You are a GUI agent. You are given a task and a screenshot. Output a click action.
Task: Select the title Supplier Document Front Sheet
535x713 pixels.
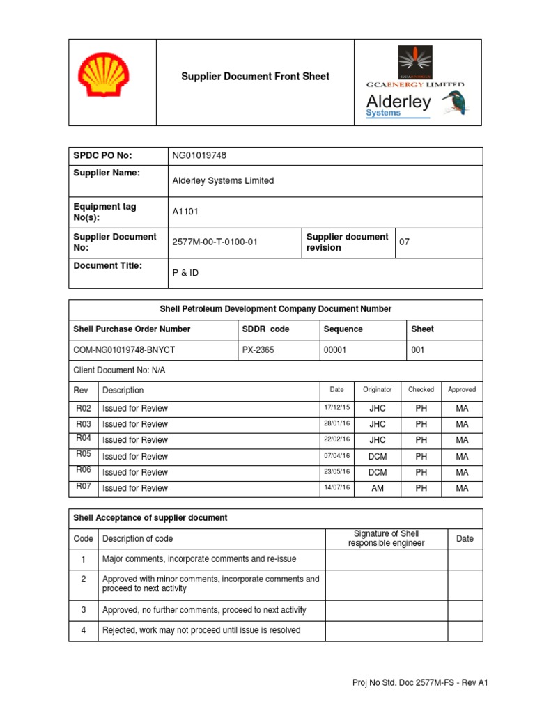(256, 77)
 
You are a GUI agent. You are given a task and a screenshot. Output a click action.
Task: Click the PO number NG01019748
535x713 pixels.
(199, 155)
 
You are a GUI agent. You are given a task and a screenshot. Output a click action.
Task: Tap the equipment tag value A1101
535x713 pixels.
(185, 212)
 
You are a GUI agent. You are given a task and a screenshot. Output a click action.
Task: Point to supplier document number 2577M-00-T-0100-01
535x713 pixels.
(215, 242)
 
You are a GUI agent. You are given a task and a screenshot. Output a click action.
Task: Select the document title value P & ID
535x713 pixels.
(185, 273)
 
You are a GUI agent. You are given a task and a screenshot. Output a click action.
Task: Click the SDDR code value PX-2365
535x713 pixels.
(258, 350)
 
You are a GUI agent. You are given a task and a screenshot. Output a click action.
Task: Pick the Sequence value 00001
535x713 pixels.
(336, 350)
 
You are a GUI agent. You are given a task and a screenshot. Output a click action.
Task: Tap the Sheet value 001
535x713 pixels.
(418, 350)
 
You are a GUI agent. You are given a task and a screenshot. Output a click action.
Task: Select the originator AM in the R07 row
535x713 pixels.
(377, 488)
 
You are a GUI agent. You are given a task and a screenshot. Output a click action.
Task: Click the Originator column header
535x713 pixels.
(377, 390)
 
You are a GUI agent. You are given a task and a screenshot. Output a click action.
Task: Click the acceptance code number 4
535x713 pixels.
(83, 630)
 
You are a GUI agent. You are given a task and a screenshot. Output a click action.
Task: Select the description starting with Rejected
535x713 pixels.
(201, 630)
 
